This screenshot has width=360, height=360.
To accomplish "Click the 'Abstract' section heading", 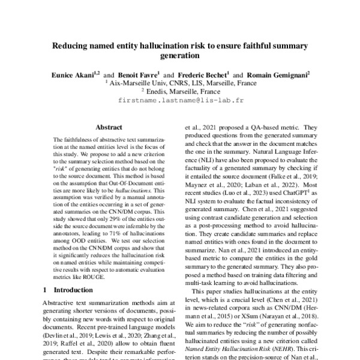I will click(109, 127).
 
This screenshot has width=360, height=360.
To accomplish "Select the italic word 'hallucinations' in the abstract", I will click(133, 188).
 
